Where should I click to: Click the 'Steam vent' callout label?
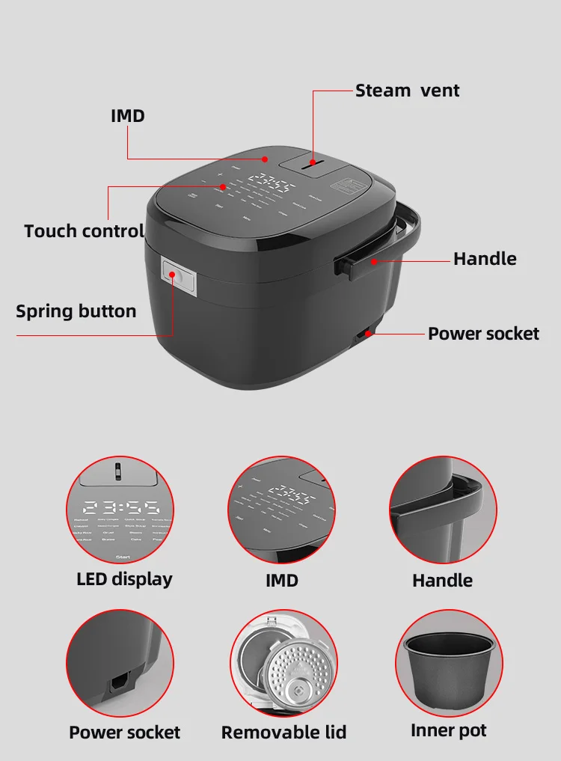click(407, 91)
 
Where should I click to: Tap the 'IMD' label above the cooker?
click(128, 116)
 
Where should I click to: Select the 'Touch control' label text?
click(84, 230)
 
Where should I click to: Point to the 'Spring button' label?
click(76, 311)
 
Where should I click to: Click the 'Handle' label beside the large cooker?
click(485, 259)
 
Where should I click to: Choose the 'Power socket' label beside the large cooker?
click(483, 334)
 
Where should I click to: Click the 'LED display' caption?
click(124, 578)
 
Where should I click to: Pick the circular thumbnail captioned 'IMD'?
click(281, 510)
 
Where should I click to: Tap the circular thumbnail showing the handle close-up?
click(443, 510)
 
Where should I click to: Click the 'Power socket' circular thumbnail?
click(120, 664)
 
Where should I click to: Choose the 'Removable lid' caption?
click(283, 732)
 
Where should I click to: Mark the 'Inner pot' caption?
click(449, 730)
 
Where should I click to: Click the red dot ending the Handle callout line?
click(372, 260)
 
